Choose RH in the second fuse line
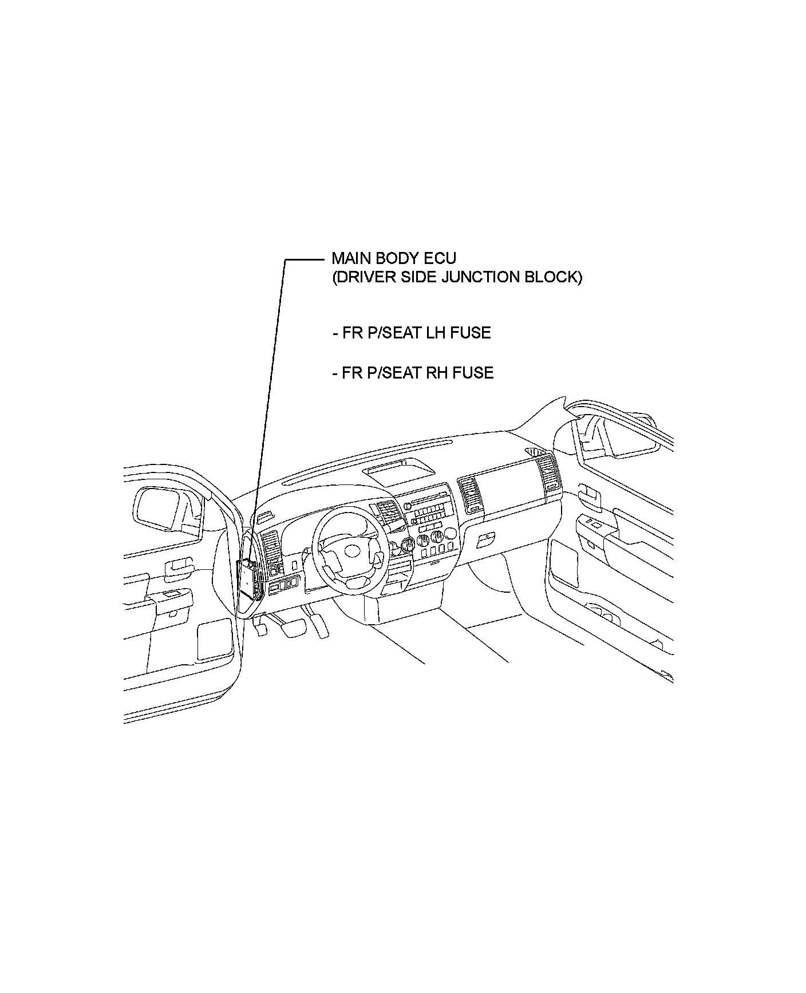[x=438, y=373]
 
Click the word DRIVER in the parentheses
[x=365, y=278]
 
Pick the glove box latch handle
[x=485, y=537]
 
